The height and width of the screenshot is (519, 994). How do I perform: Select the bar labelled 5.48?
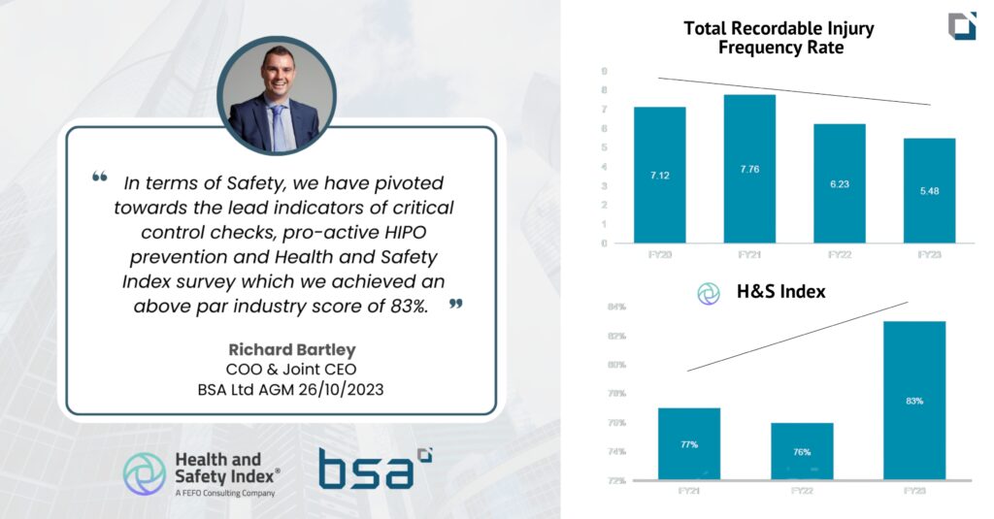point(930,190)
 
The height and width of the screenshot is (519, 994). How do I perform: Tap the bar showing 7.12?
point(659,175)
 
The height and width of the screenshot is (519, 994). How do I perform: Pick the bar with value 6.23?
point(840,183)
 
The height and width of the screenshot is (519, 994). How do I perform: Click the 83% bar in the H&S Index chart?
point(914,400)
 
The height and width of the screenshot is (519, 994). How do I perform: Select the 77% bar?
point(689,443)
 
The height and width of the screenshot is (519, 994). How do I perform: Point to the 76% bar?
point(802,451)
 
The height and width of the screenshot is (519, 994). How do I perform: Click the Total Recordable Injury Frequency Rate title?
point(779,38)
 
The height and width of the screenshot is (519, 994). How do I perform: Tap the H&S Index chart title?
point(779,291)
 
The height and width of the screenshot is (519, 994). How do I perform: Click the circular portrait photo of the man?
point(277,95)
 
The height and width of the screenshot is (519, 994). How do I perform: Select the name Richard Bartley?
point(280,349)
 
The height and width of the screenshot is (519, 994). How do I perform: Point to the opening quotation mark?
point(99,178)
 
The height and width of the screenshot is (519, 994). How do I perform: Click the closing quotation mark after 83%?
point(455,305)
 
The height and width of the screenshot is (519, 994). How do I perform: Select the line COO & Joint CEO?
point(280,370)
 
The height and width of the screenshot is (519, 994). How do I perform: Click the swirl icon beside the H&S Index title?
point(709,293)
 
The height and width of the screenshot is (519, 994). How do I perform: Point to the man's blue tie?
point(279,128)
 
